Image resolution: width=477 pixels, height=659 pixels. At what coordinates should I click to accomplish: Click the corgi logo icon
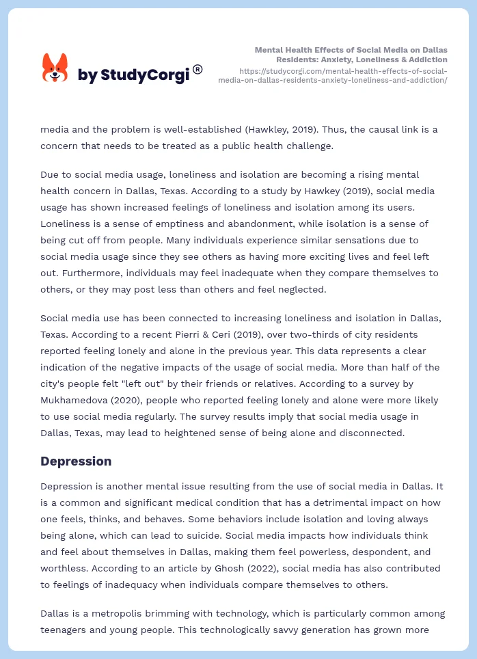(x=55, y=68)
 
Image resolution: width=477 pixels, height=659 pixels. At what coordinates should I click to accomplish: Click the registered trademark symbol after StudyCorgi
(x=197, y=69)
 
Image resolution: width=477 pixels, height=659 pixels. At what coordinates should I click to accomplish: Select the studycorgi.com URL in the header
(x=333, y=75)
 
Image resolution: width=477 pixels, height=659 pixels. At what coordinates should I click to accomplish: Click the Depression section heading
(x=76, y=461)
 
